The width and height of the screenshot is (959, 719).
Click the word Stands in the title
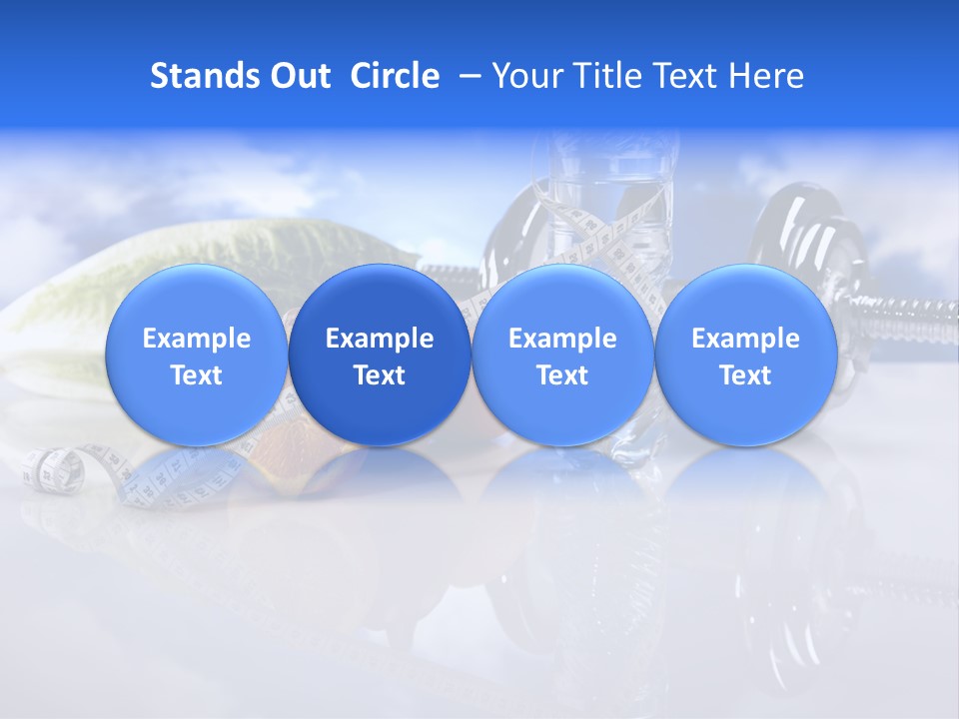tap(198, 76)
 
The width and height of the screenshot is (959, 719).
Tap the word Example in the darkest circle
tap(380, 339)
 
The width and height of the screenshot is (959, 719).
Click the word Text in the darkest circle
tap(380, 375)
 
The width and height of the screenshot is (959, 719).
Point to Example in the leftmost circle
tap(196, 339)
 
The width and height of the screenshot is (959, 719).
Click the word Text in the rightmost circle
tap(745, 375)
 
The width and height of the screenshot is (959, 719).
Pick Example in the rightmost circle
tap(745, 339)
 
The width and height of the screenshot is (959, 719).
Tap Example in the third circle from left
tap(562, 339)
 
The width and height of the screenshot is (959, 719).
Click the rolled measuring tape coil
tap(50, 468)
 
